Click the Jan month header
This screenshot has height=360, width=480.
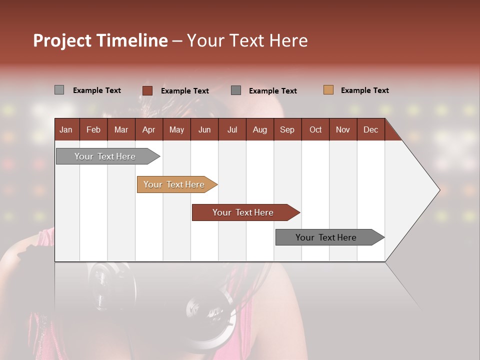click(66, 129)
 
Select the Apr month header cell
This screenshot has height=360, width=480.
click(148, 129)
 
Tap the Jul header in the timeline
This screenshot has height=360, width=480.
click(232, 129)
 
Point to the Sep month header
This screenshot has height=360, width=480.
click(287, 129)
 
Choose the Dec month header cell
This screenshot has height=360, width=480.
click(370, 129)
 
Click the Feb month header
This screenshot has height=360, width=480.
click(93, 129)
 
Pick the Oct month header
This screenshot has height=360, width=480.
click(315, 129)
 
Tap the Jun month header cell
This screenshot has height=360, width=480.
click(204, 129)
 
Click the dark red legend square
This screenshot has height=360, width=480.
click(147, 90)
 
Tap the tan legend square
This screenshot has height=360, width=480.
click(328, 90)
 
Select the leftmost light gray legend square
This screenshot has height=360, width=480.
click(59, 90)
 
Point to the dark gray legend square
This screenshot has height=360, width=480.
click(236, 90)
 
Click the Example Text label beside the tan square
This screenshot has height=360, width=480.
click(364, 90)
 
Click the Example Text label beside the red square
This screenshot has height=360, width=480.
click(185, 91)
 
